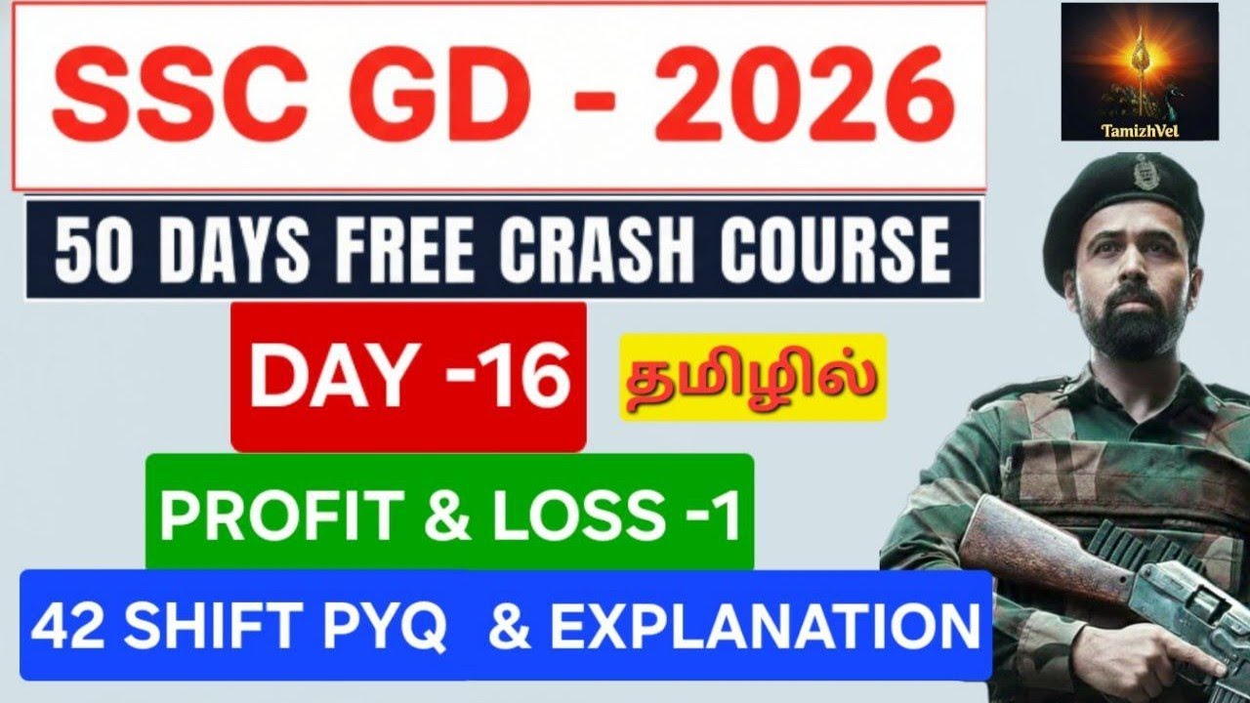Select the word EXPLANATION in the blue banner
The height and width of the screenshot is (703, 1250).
[765, 627]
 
